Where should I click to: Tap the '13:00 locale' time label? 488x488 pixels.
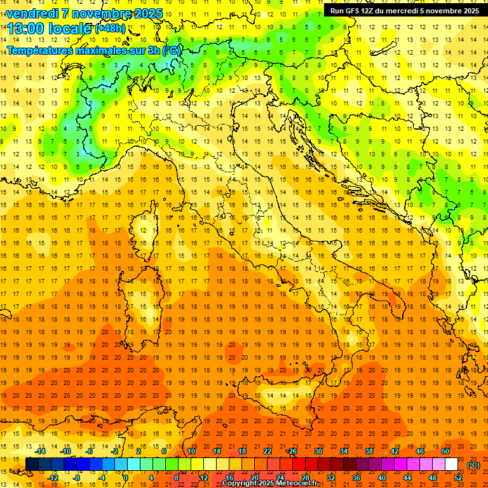click(x=48, y=28)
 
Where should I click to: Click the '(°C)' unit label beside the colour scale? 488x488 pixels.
click(x=473, y=465)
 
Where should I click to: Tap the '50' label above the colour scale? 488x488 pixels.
click(x=445, y=451)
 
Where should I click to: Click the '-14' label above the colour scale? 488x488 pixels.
click(x=41, y=451)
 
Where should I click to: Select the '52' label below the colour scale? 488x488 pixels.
click(x=457, y=478)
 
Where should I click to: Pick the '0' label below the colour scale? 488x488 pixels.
click(x=126, y=478)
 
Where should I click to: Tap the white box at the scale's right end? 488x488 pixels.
click(x=451, y=464)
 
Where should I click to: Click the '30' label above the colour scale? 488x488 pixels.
click(x=318, y=451)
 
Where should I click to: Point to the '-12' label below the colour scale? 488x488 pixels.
click(x=53, y=478)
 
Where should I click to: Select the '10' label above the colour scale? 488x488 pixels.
click(x=191, y=451)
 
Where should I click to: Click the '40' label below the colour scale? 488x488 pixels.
click(x=381, y=478)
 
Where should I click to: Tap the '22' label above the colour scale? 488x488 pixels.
click(x=267, y=451)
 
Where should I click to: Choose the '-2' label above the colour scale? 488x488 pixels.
click(x=114, y=451)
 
